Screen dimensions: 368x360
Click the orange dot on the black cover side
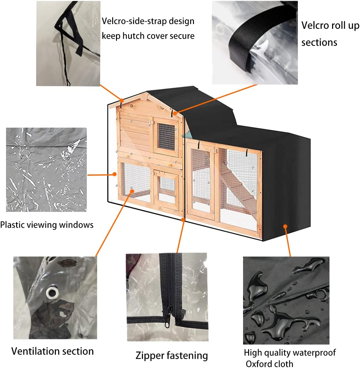285,226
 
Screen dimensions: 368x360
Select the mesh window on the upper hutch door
166,136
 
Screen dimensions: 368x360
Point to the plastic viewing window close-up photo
46,169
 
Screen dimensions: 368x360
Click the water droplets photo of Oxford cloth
286,300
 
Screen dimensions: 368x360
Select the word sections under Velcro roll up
319,42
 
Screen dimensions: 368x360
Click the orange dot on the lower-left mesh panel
132,190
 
